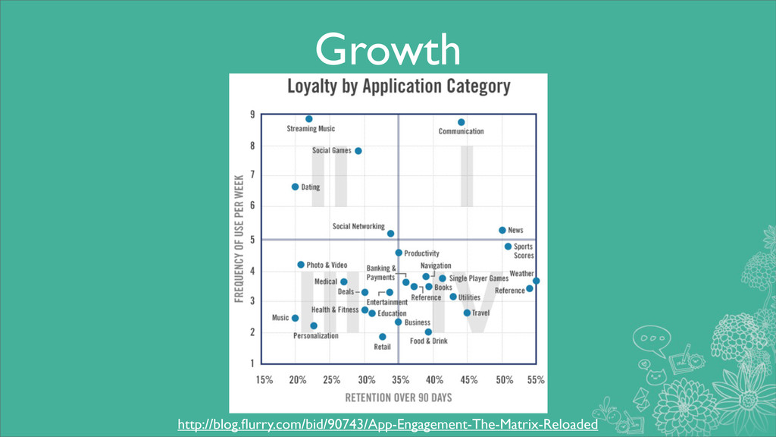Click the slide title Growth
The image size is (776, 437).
click(x=387, y=51)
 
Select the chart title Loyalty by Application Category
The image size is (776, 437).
click(x=398, y=86)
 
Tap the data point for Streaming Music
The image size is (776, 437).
click(x=309, y=119)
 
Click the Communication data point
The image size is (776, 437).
click(x=461, y=122)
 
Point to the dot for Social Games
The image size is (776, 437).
click(x=358, y=151)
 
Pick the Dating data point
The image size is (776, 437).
click(x=296, y=187)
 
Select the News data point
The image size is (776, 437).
click(x=502, y=230)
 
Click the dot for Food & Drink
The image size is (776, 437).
click(x=428, y=332)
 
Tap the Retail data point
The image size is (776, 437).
click(x=382, y=337)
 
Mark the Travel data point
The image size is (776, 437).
click(x=467, y=313)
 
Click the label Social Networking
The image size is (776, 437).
click(x=358, y=227)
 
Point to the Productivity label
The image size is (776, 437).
click(x=421, y=253)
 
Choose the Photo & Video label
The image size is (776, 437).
click(x=327, y=265)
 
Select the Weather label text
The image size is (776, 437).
click(x=521, y=273)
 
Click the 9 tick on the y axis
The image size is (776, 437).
click(x=252, y=115)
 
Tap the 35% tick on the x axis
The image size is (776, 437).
click(x=398, y=379)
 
